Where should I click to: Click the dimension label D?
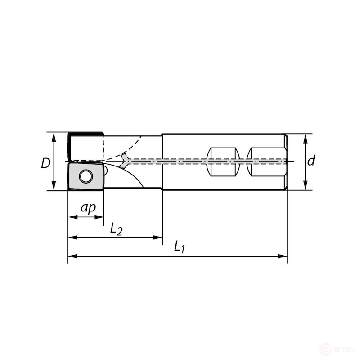pyautogui.click(x=45, y=162)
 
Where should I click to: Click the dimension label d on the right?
pyautogui.click(x=311, y=161)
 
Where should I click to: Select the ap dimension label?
pyautogui.click(x=88, y=208)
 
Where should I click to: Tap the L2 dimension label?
pyautogui.click(x=116, y=229)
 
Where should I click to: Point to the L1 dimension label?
pyautogui.click(x=180, y=247)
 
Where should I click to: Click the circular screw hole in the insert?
pyautogui.click(x=85, y=176)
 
